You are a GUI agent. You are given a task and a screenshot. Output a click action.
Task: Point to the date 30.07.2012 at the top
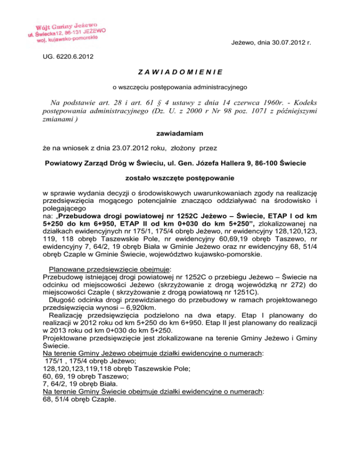coord(285,43)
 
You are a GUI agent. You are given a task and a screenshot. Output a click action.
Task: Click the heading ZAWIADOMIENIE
coord(180,72)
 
